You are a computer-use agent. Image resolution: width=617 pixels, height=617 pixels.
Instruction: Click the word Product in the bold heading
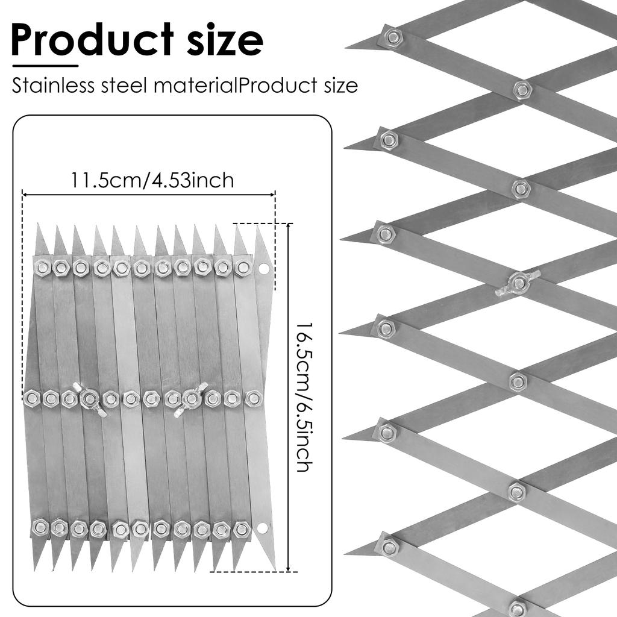point(92,40)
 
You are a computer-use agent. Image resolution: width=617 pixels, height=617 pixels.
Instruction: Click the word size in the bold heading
point(225,40)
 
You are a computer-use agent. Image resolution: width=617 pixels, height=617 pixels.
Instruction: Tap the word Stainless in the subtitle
point(53,86)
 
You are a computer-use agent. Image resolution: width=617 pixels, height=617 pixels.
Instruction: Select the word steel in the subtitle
point(125,86)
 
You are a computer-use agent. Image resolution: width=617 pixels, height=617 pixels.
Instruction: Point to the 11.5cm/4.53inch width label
point(152,180)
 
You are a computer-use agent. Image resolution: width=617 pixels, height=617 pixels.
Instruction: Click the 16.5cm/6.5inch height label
point(304,397)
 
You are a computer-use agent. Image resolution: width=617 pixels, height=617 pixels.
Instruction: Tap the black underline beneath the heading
point(45,66)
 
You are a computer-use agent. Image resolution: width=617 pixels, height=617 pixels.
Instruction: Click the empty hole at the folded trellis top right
point(263,269)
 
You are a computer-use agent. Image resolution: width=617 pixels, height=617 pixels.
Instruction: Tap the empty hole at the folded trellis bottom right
point(263,527)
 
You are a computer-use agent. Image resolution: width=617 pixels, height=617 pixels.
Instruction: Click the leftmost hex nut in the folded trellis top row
point(42,268)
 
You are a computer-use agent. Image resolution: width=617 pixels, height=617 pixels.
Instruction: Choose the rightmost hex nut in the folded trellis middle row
point(253,399)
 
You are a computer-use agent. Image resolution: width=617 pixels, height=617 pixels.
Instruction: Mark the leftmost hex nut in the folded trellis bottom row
point(40,527)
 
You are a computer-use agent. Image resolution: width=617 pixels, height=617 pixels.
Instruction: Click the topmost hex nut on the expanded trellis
point(392,37)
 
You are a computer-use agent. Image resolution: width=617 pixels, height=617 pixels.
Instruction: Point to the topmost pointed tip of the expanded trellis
point(345,48)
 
